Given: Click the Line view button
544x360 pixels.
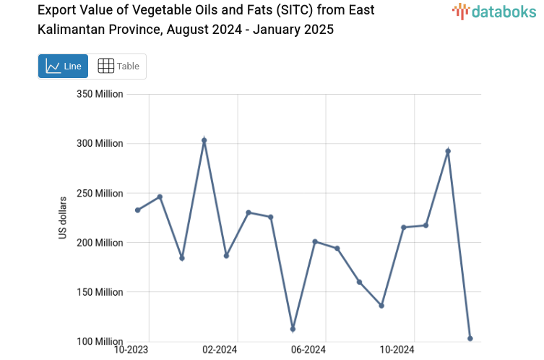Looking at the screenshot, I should tap(63, 66).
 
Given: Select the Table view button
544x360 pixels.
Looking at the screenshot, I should tap(118, 66).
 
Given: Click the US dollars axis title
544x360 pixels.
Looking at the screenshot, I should tap(63, 218).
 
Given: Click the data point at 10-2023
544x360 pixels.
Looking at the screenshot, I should tap(137, 210).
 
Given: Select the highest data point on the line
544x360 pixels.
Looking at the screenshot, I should tap(204, 140).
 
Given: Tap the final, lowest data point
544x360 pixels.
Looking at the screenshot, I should tap(470, 338).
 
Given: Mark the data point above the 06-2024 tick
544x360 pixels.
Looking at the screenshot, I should tap(315, 241).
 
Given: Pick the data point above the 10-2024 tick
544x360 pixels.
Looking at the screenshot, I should tap(404, 228).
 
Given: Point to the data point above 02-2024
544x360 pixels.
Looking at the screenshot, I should tap(226, 256).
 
